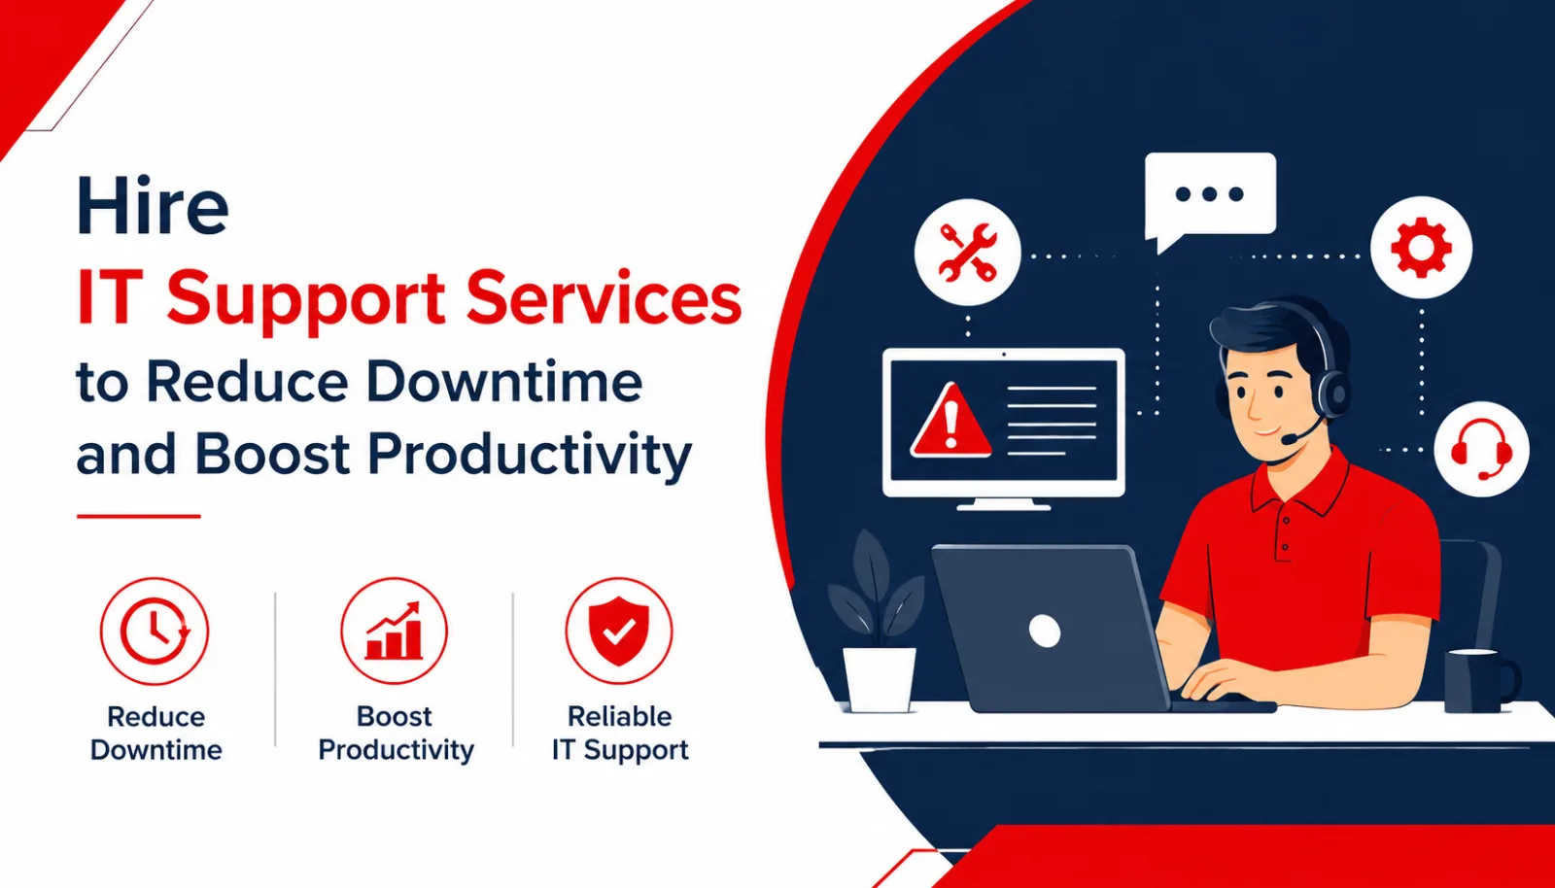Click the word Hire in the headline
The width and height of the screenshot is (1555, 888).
[x=152, y=205]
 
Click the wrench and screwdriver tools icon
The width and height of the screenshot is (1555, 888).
[x=968, y=253]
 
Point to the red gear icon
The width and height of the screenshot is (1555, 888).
[x=1421, y=248]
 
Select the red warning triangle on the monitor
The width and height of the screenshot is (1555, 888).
[x=950, y=422]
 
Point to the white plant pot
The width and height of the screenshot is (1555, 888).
[x=879, y=680]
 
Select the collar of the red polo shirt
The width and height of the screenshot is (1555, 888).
[x=1299, y=486]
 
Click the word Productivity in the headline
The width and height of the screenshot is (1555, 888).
[x=530, y=455]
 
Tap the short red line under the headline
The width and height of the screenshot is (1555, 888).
[x=139, y=516]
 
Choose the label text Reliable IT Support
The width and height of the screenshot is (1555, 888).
[x=620, y=734]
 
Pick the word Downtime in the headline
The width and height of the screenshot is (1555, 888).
[x=504, y=382]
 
